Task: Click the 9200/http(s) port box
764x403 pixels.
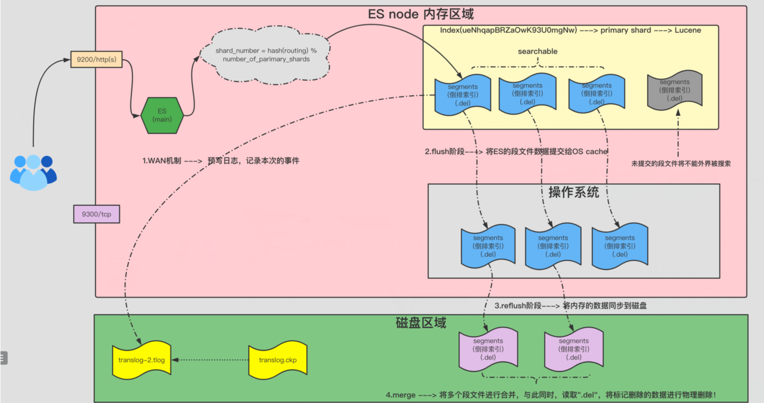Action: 96,59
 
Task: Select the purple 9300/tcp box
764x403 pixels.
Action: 96,214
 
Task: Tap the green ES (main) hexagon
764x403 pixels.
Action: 162,116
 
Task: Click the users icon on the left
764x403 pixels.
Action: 33,172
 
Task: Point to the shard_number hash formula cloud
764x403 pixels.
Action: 265,55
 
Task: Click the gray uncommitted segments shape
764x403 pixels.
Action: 674,90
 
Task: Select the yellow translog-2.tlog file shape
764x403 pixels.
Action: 142,360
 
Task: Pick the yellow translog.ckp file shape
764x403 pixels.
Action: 278,360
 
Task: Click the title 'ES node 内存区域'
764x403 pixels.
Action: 421,14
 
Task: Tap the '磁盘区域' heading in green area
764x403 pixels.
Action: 421,323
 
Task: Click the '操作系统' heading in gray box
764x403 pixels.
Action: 573,192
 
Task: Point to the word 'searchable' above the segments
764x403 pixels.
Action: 537,51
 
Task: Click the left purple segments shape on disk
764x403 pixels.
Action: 488,349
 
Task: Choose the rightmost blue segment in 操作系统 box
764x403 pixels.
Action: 620,246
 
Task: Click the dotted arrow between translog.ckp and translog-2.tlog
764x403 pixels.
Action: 211,360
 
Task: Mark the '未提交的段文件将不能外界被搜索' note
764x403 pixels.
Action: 680,164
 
